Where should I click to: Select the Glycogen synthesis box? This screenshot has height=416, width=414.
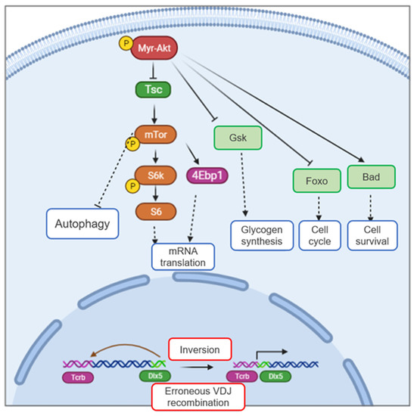257,234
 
